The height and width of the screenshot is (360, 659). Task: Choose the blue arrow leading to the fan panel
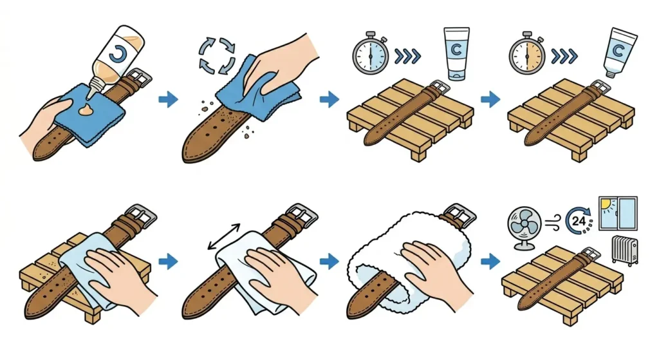[490, 261]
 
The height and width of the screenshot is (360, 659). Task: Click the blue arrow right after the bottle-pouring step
[168, 99]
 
